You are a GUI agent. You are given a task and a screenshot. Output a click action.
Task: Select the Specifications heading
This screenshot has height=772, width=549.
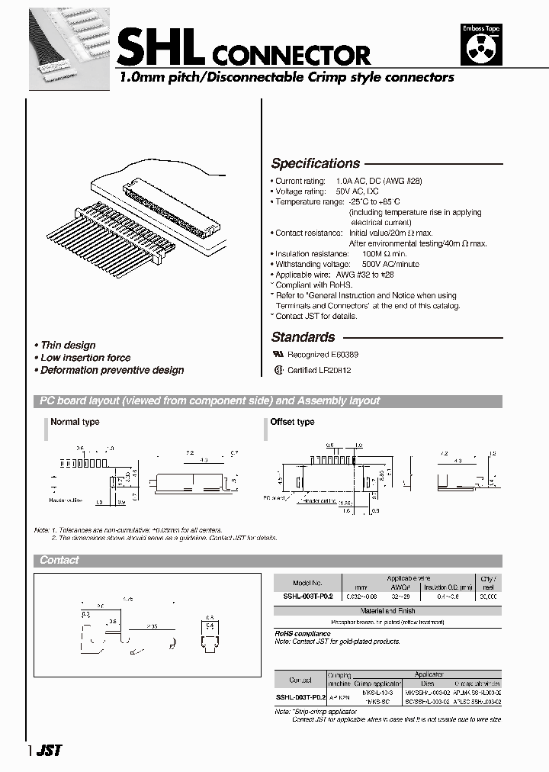(x=316, y=163)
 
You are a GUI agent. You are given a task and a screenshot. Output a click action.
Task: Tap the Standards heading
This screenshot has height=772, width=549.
(x=303, y=336)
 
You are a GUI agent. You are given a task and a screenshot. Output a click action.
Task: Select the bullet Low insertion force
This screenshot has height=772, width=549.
(x=85, y=358)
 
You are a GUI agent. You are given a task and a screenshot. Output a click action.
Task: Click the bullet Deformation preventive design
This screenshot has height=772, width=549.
(x=111, y=370)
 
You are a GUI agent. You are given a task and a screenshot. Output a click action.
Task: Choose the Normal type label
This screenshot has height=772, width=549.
(x=75, y=422)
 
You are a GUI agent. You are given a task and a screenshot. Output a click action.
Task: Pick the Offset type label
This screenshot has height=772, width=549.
(x=292, y=422)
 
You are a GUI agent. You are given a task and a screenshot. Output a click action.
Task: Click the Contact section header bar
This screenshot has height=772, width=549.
(x=59, y=560)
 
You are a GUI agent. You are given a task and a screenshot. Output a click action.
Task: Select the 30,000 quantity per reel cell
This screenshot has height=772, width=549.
(x=488, y=597)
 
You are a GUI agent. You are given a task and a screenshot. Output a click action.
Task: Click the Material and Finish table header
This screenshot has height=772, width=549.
(x=387, y=611)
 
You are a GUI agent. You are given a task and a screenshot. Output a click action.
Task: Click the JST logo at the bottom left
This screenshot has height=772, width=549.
(x=50, y=750)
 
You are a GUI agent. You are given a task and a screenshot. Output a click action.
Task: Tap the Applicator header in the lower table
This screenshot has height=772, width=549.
(x=429, y=674)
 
